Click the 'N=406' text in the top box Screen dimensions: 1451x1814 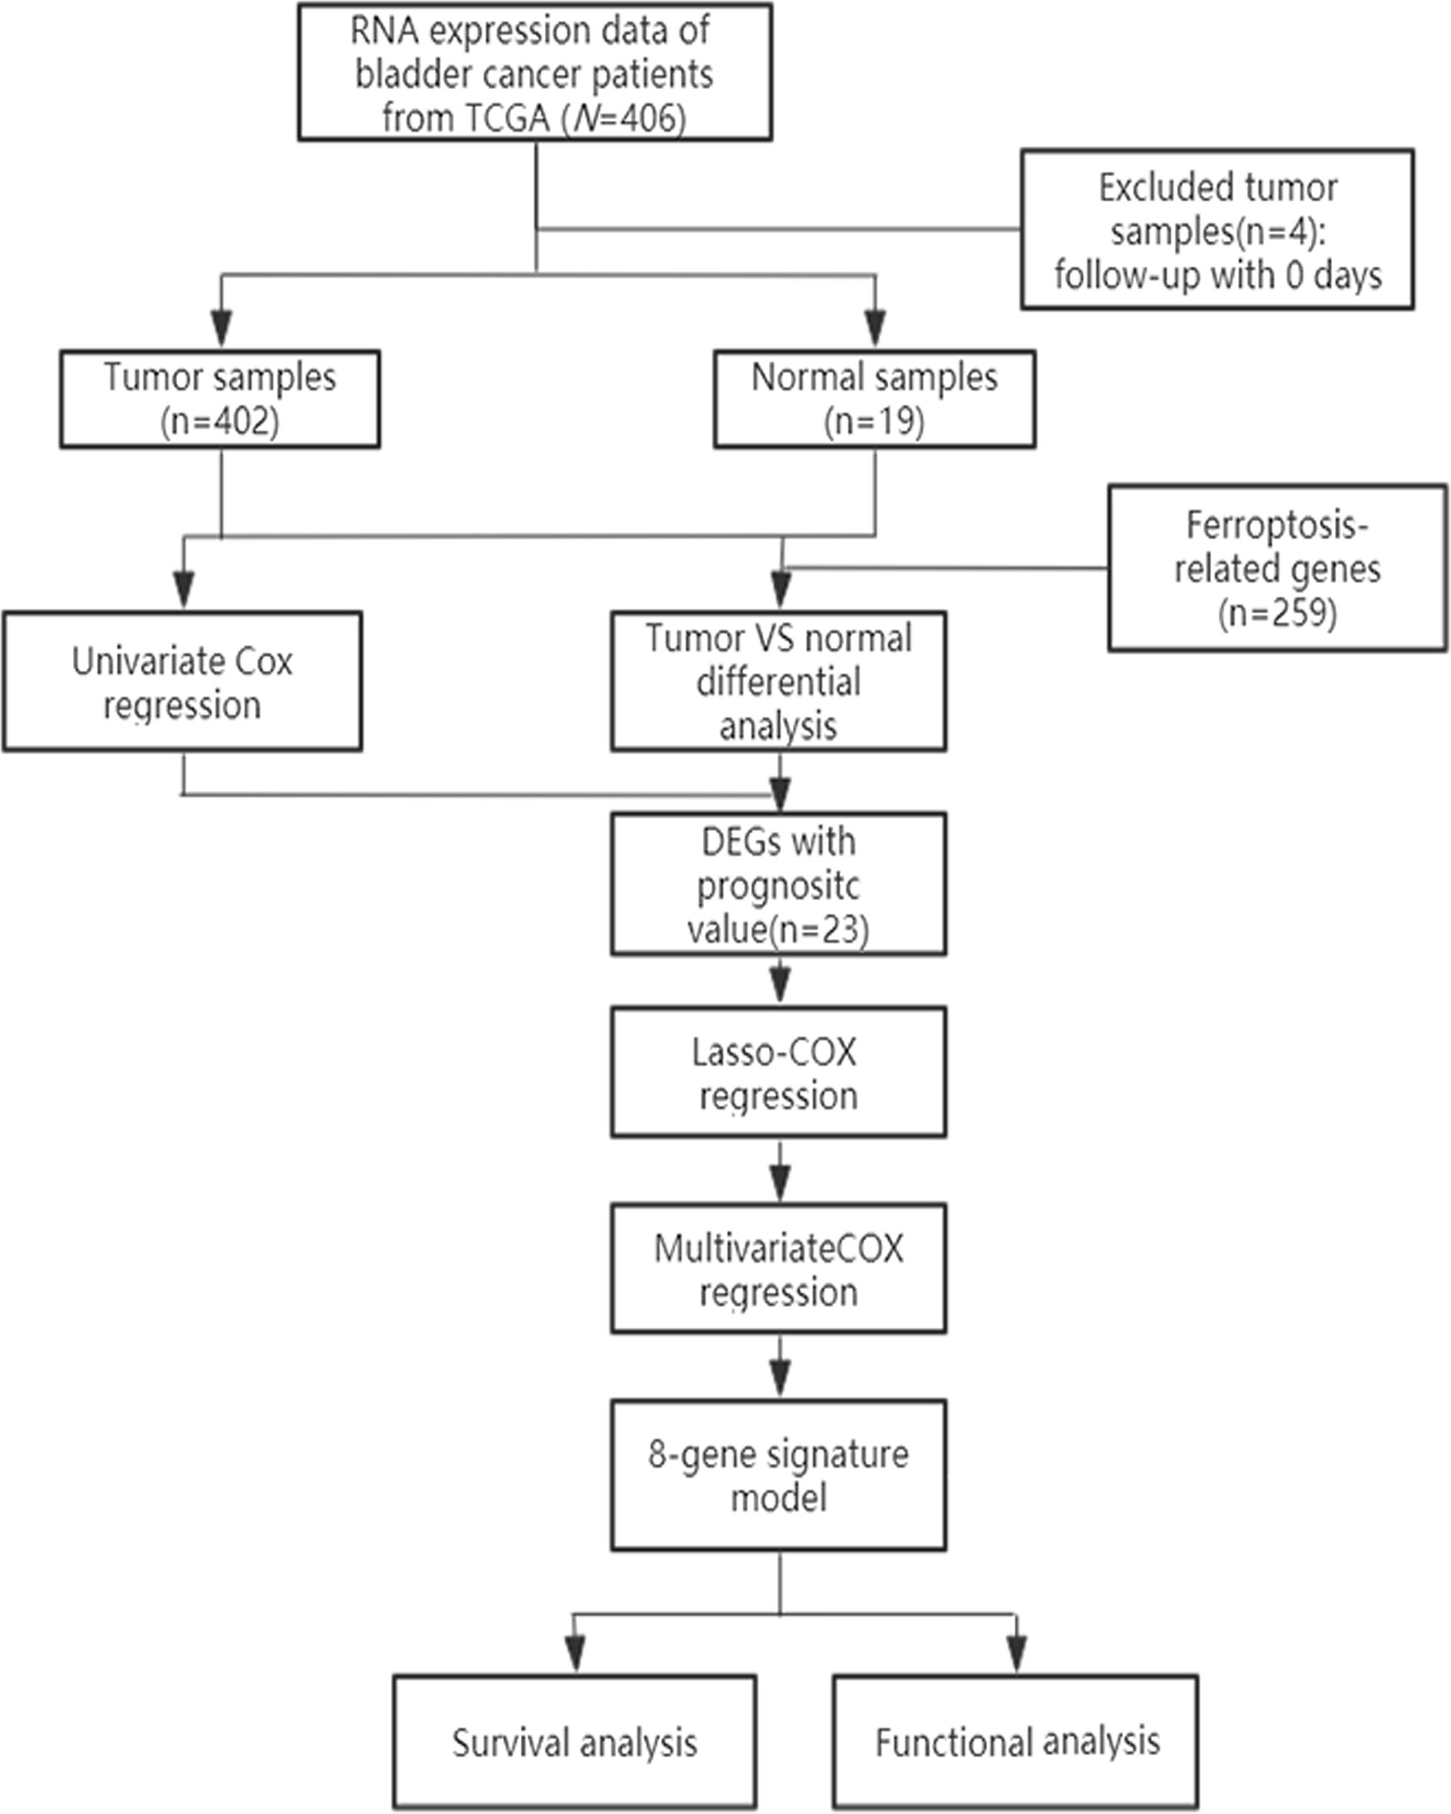(x=628, y=118)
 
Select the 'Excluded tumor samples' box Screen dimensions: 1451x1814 (x=1217, y=229)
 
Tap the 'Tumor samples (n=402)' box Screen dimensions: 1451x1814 (x=220, y=399)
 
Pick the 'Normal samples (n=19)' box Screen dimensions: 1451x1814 (x=875, y=399)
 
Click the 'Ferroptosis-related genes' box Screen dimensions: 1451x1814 (x=1277, y=568)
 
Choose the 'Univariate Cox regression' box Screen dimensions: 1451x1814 (x=182, y=682)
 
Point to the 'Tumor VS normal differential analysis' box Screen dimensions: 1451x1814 (x=779, y=682)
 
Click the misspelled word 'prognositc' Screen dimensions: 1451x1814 (x=779, y=885)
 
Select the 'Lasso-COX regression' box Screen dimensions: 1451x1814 (x=779, y=1072)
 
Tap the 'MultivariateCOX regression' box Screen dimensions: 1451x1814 (x=779, y=1269)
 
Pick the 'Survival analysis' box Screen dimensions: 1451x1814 (x=574, y=1742)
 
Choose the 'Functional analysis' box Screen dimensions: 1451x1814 (x=1016, y=1742)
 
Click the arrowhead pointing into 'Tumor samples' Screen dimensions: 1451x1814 (x=221, y=328)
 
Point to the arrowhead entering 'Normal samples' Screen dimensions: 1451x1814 (x=876, y=328)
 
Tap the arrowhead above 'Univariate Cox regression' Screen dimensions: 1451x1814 (x=183, y=589)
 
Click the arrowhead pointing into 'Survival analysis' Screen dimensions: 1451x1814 (x=575, y=1654)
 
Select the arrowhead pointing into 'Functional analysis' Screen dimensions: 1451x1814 (x=1017, y=1654)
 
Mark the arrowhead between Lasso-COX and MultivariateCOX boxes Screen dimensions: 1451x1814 (x=781, y=1183)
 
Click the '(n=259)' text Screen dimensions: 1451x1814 (x=1277, y=614)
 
